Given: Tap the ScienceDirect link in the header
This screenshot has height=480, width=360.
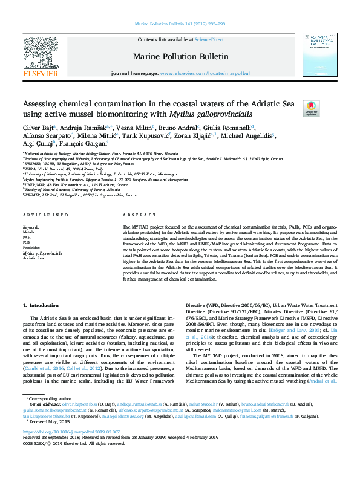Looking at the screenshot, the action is pos(209,39).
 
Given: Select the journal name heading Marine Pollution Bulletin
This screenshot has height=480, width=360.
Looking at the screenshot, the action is pos(181,56).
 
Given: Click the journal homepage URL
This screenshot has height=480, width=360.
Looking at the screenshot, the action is pos(205,73).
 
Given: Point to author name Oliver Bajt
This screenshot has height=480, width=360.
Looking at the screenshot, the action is pos(38,128).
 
